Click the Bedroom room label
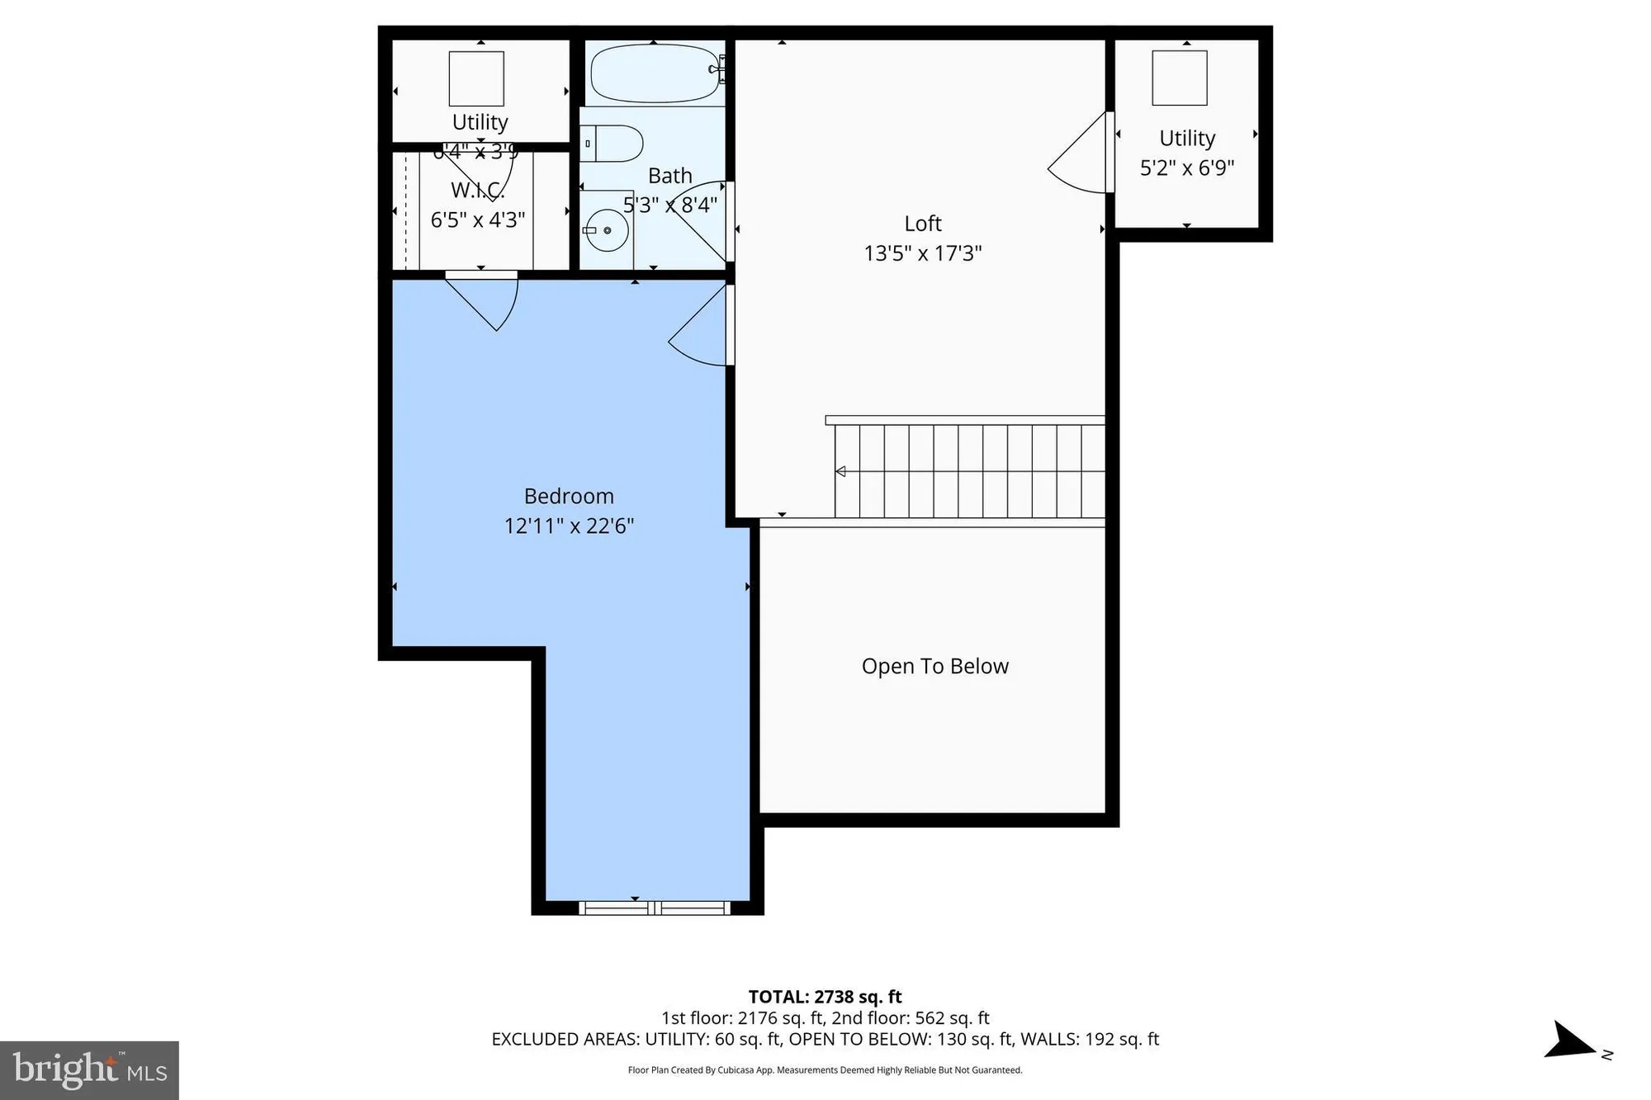tap(569, 496)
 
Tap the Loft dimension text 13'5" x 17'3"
tap(922, 253)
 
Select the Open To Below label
tap(934, 666)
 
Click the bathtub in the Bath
tap(653, 73)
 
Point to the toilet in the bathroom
tap(613, 144)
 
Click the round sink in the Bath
tap(607, 230)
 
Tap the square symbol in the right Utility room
tap(1179, 78)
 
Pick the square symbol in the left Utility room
tap(476, 78)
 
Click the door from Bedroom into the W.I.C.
tap(487, 299)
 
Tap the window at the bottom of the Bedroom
tap(654, 909)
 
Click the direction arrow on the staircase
tap(840, 471)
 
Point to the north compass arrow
tap(1572, 1042)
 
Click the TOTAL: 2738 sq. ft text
tap(825, 997)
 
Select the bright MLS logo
tap(89, 1070)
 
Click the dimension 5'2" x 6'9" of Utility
tap(1186, 168)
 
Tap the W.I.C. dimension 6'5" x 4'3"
tap(477, 220)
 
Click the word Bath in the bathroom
tap(669, 176)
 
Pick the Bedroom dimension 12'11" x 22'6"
tap(569, 526)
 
